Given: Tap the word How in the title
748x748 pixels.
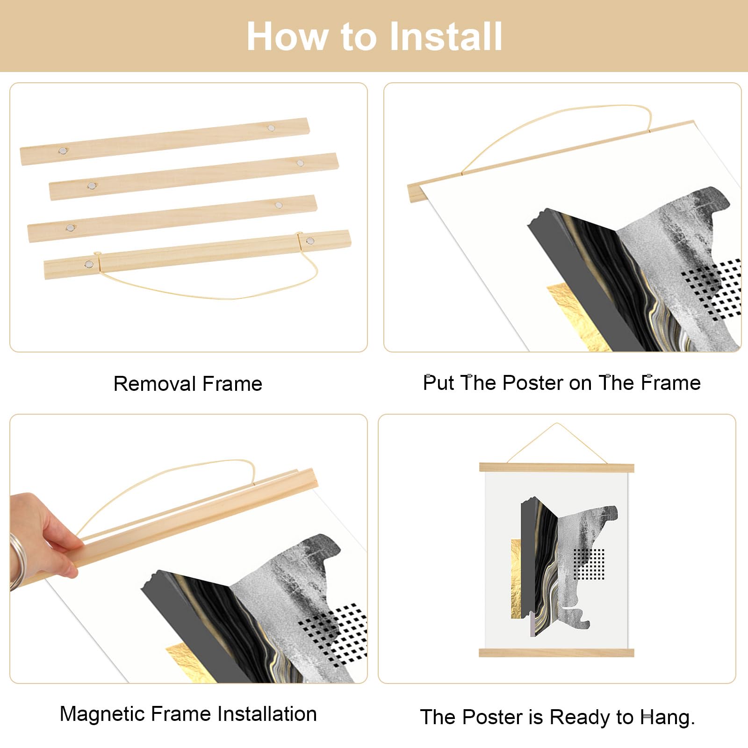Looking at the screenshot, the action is [x=287, y=36].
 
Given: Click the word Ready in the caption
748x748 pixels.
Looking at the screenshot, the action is [x=580, y=718].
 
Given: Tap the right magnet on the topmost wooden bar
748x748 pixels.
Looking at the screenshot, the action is [x=271, y=127].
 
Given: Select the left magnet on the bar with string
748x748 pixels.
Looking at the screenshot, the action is [x=88, y=265].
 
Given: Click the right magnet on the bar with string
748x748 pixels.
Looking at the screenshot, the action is [x=310, y=241].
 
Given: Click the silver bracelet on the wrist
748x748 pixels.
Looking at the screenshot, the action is [x=15, y=561].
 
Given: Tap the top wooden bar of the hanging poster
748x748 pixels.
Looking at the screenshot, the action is [x=556, y=467].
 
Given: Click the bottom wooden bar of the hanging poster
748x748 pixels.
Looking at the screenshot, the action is [x=556, y=653].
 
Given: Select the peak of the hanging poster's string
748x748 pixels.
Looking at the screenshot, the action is [x=556, y=424].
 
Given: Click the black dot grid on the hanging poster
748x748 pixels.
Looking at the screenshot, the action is [x=589, y=564].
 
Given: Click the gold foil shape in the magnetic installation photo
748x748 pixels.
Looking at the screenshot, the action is [x=187, y=662].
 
